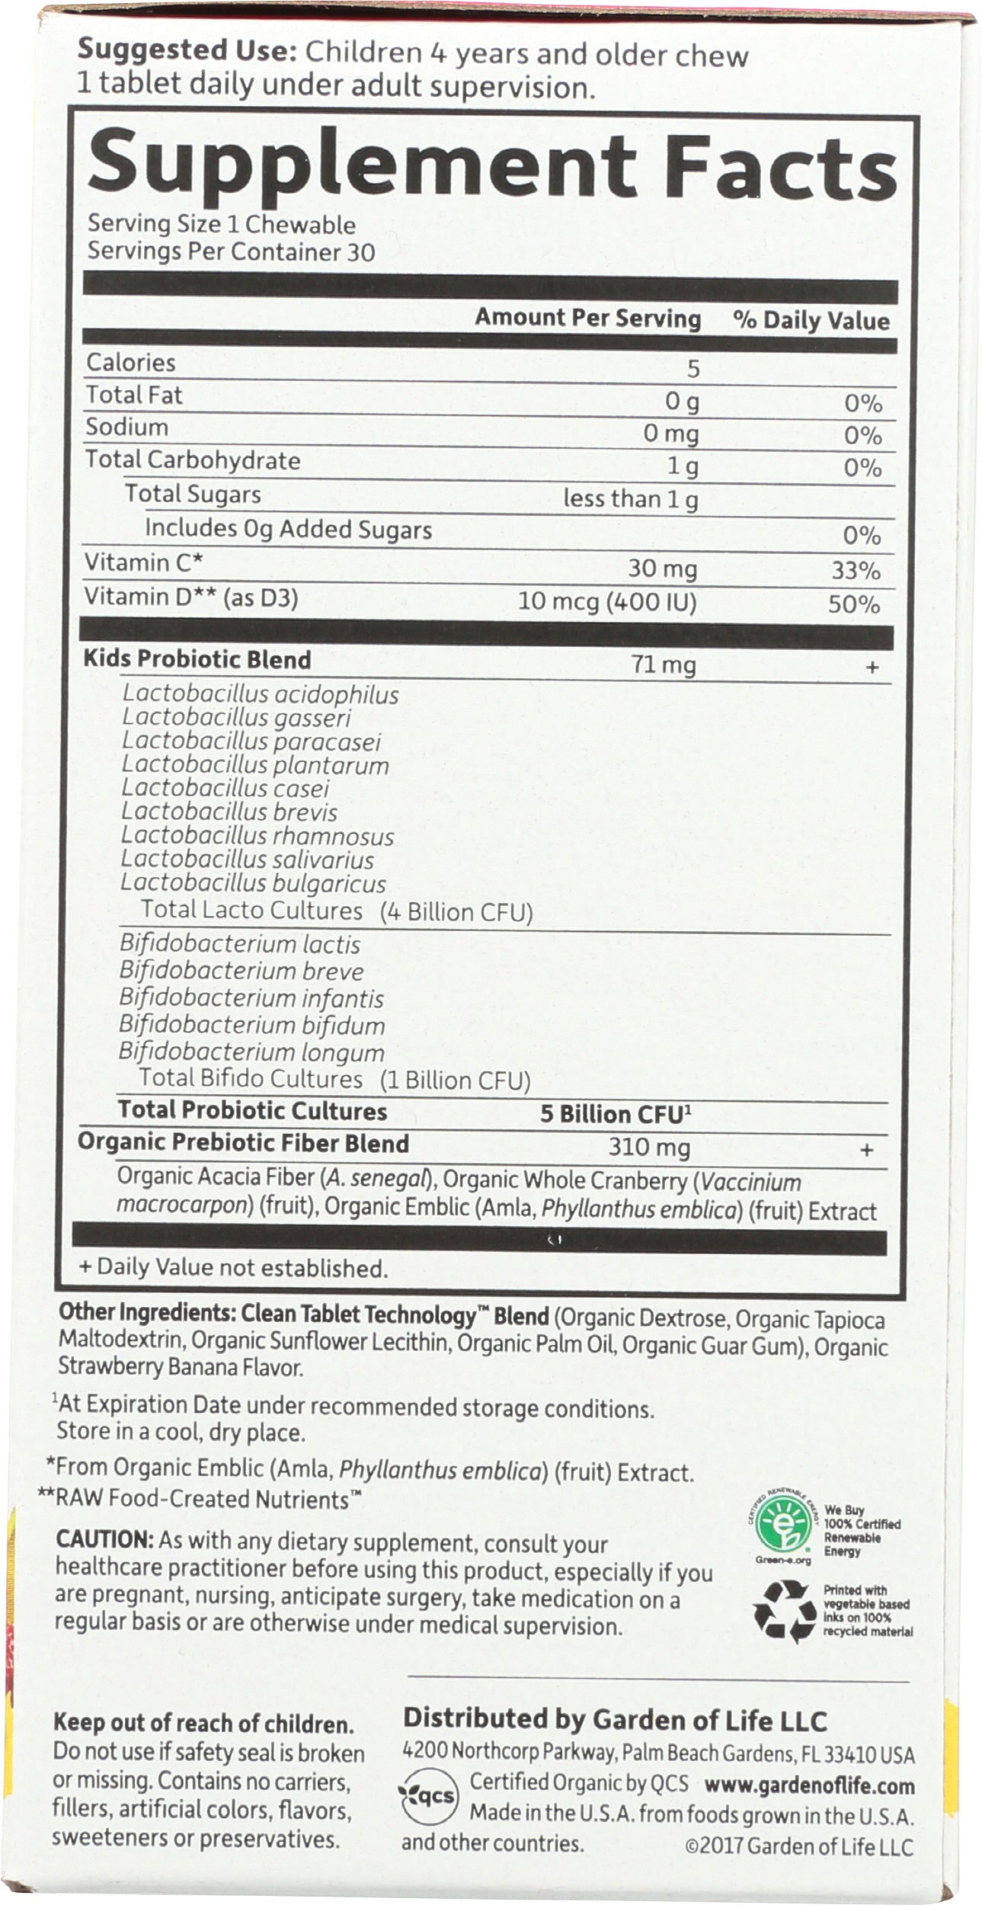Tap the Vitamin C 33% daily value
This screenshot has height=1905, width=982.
coord(856,570)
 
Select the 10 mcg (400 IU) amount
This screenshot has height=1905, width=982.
coord(607,603)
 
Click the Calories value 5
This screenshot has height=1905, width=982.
coord(692,369)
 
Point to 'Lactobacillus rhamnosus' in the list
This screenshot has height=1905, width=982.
coord(257,836)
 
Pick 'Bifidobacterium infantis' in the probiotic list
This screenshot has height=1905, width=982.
coord(251,998)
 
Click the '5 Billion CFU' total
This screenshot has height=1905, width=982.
coord(616,1114)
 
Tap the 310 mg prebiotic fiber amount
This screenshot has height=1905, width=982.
coord(648,1147)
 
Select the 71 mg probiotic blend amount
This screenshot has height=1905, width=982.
coord(664,665)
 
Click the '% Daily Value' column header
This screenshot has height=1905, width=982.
coord(811,321)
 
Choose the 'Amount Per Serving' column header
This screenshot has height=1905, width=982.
coord(588,319)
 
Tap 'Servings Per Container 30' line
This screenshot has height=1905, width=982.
coord(231,252)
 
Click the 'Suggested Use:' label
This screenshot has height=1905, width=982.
coord(187,53)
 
